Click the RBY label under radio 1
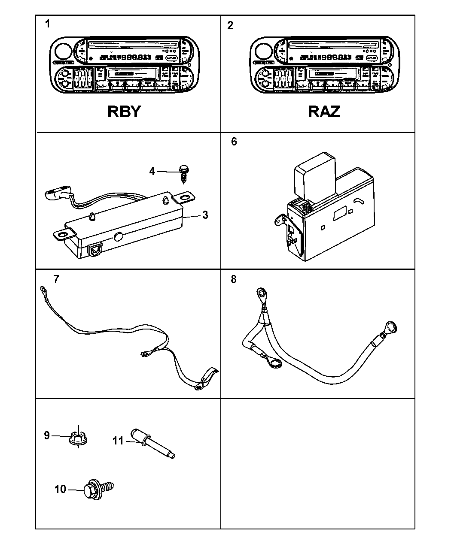point(124,111)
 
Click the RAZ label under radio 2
point(324,111)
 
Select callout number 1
point(47,24)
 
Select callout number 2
point(230,25)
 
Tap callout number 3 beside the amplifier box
point(205,215)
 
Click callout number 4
point(152,172)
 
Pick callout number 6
point(234,142)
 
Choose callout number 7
point(56,279)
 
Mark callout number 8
point(233,279)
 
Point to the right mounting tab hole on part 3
point(185,197)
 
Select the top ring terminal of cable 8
point(260,294)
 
